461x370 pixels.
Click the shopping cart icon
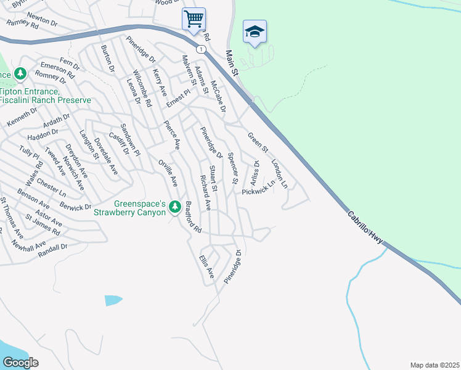click(x=194, y=18)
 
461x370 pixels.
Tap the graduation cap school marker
click(x=254, y=31)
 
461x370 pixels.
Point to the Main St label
click(x=231, y=64)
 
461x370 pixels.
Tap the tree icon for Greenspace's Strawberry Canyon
click(x=174, y=205)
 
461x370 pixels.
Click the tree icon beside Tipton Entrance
click(x=21, y=74)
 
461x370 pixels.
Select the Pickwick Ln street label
click(x=258, y=192)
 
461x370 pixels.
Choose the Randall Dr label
click(x=52, y=250)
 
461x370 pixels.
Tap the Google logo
click(x=20, y=362)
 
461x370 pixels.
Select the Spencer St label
click(x=232, y=169)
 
